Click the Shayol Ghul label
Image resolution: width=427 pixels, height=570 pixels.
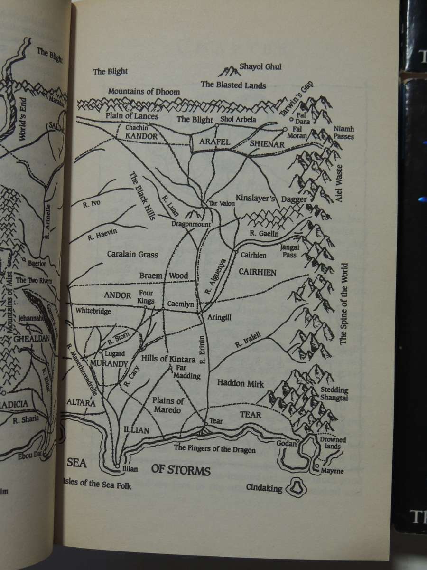[x=260, y=67]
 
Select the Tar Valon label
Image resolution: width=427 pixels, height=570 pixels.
[x=222, y=203]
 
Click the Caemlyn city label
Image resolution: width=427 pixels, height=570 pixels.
[x=180, y=304]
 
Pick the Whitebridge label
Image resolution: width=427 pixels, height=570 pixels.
[x=93, y=311]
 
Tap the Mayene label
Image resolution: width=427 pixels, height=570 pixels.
[x=332, y=471]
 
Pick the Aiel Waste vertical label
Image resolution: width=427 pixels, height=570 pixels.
[x=339, y=184]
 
